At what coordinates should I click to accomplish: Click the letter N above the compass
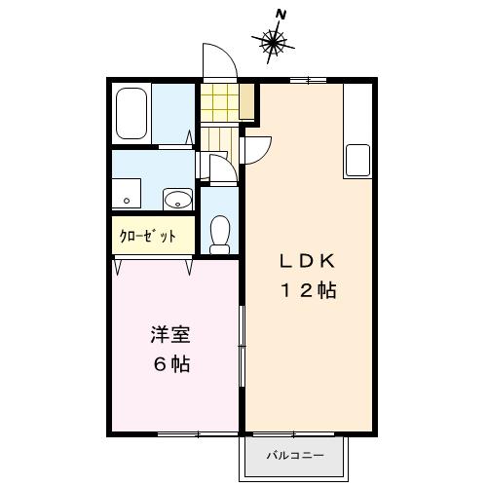pos(281,14)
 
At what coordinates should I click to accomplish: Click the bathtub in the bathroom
pos(131,114)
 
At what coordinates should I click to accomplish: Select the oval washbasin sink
pos(176,200)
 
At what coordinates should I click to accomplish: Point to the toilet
pos(220,233)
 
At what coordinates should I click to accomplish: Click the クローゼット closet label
pos(148,237)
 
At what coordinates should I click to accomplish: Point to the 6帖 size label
pos(169,366)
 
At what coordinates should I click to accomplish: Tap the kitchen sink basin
pos(356,160)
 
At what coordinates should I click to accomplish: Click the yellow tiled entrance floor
pos(218,102)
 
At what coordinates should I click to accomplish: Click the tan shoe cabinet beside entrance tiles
pos(248,101)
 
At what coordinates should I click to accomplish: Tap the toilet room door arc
pos(220,169)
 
